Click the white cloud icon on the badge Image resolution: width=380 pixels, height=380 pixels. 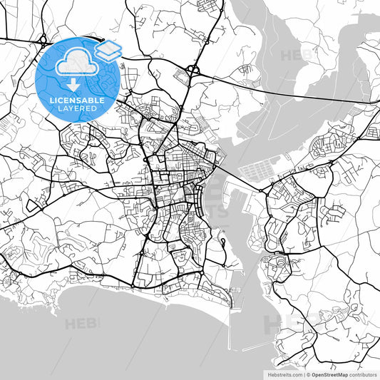(x=74, y=65)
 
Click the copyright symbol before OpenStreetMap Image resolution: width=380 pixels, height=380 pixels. (x=309, y=374)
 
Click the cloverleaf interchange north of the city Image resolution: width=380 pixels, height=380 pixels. (x=192, y=70)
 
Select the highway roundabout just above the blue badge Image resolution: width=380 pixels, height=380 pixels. (x=43, y=38)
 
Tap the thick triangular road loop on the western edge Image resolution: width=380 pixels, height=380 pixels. (x=32, y=205)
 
